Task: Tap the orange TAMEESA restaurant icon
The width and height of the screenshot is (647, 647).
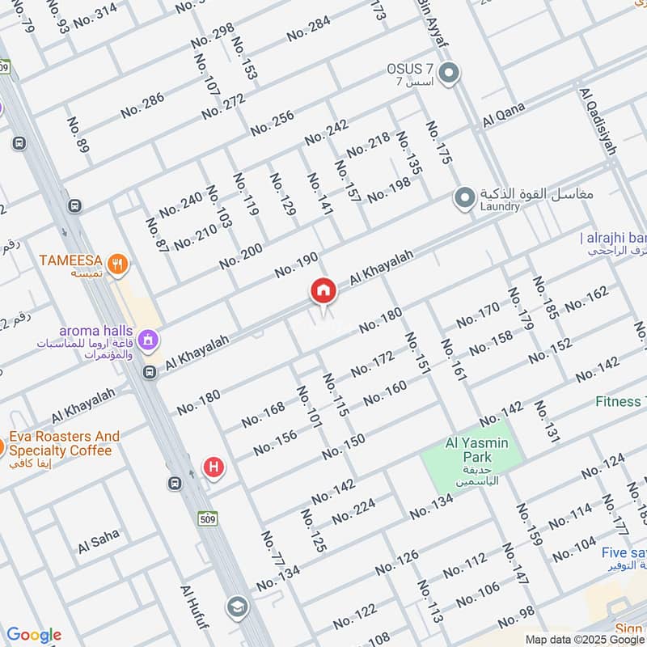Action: (x=119, y=264)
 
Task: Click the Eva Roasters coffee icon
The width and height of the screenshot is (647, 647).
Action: (x=2, y=446)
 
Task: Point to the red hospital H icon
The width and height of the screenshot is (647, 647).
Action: (x=214, y=467)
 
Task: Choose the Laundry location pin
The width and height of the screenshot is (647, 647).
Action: (x=464, y=198)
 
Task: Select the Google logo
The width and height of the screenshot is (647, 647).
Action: (x=33, y=635)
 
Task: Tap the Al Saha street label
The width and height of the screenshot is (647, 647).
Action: (x=99, y=542)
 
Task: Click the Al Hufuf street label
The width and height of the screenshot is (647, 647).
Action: (x=195, y=611)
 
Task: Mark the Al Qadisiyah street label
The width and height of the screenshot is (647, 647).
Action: (x=598, y=121)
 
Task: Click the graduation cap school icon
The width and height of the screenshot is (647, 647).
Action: (x=237, y=607)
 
